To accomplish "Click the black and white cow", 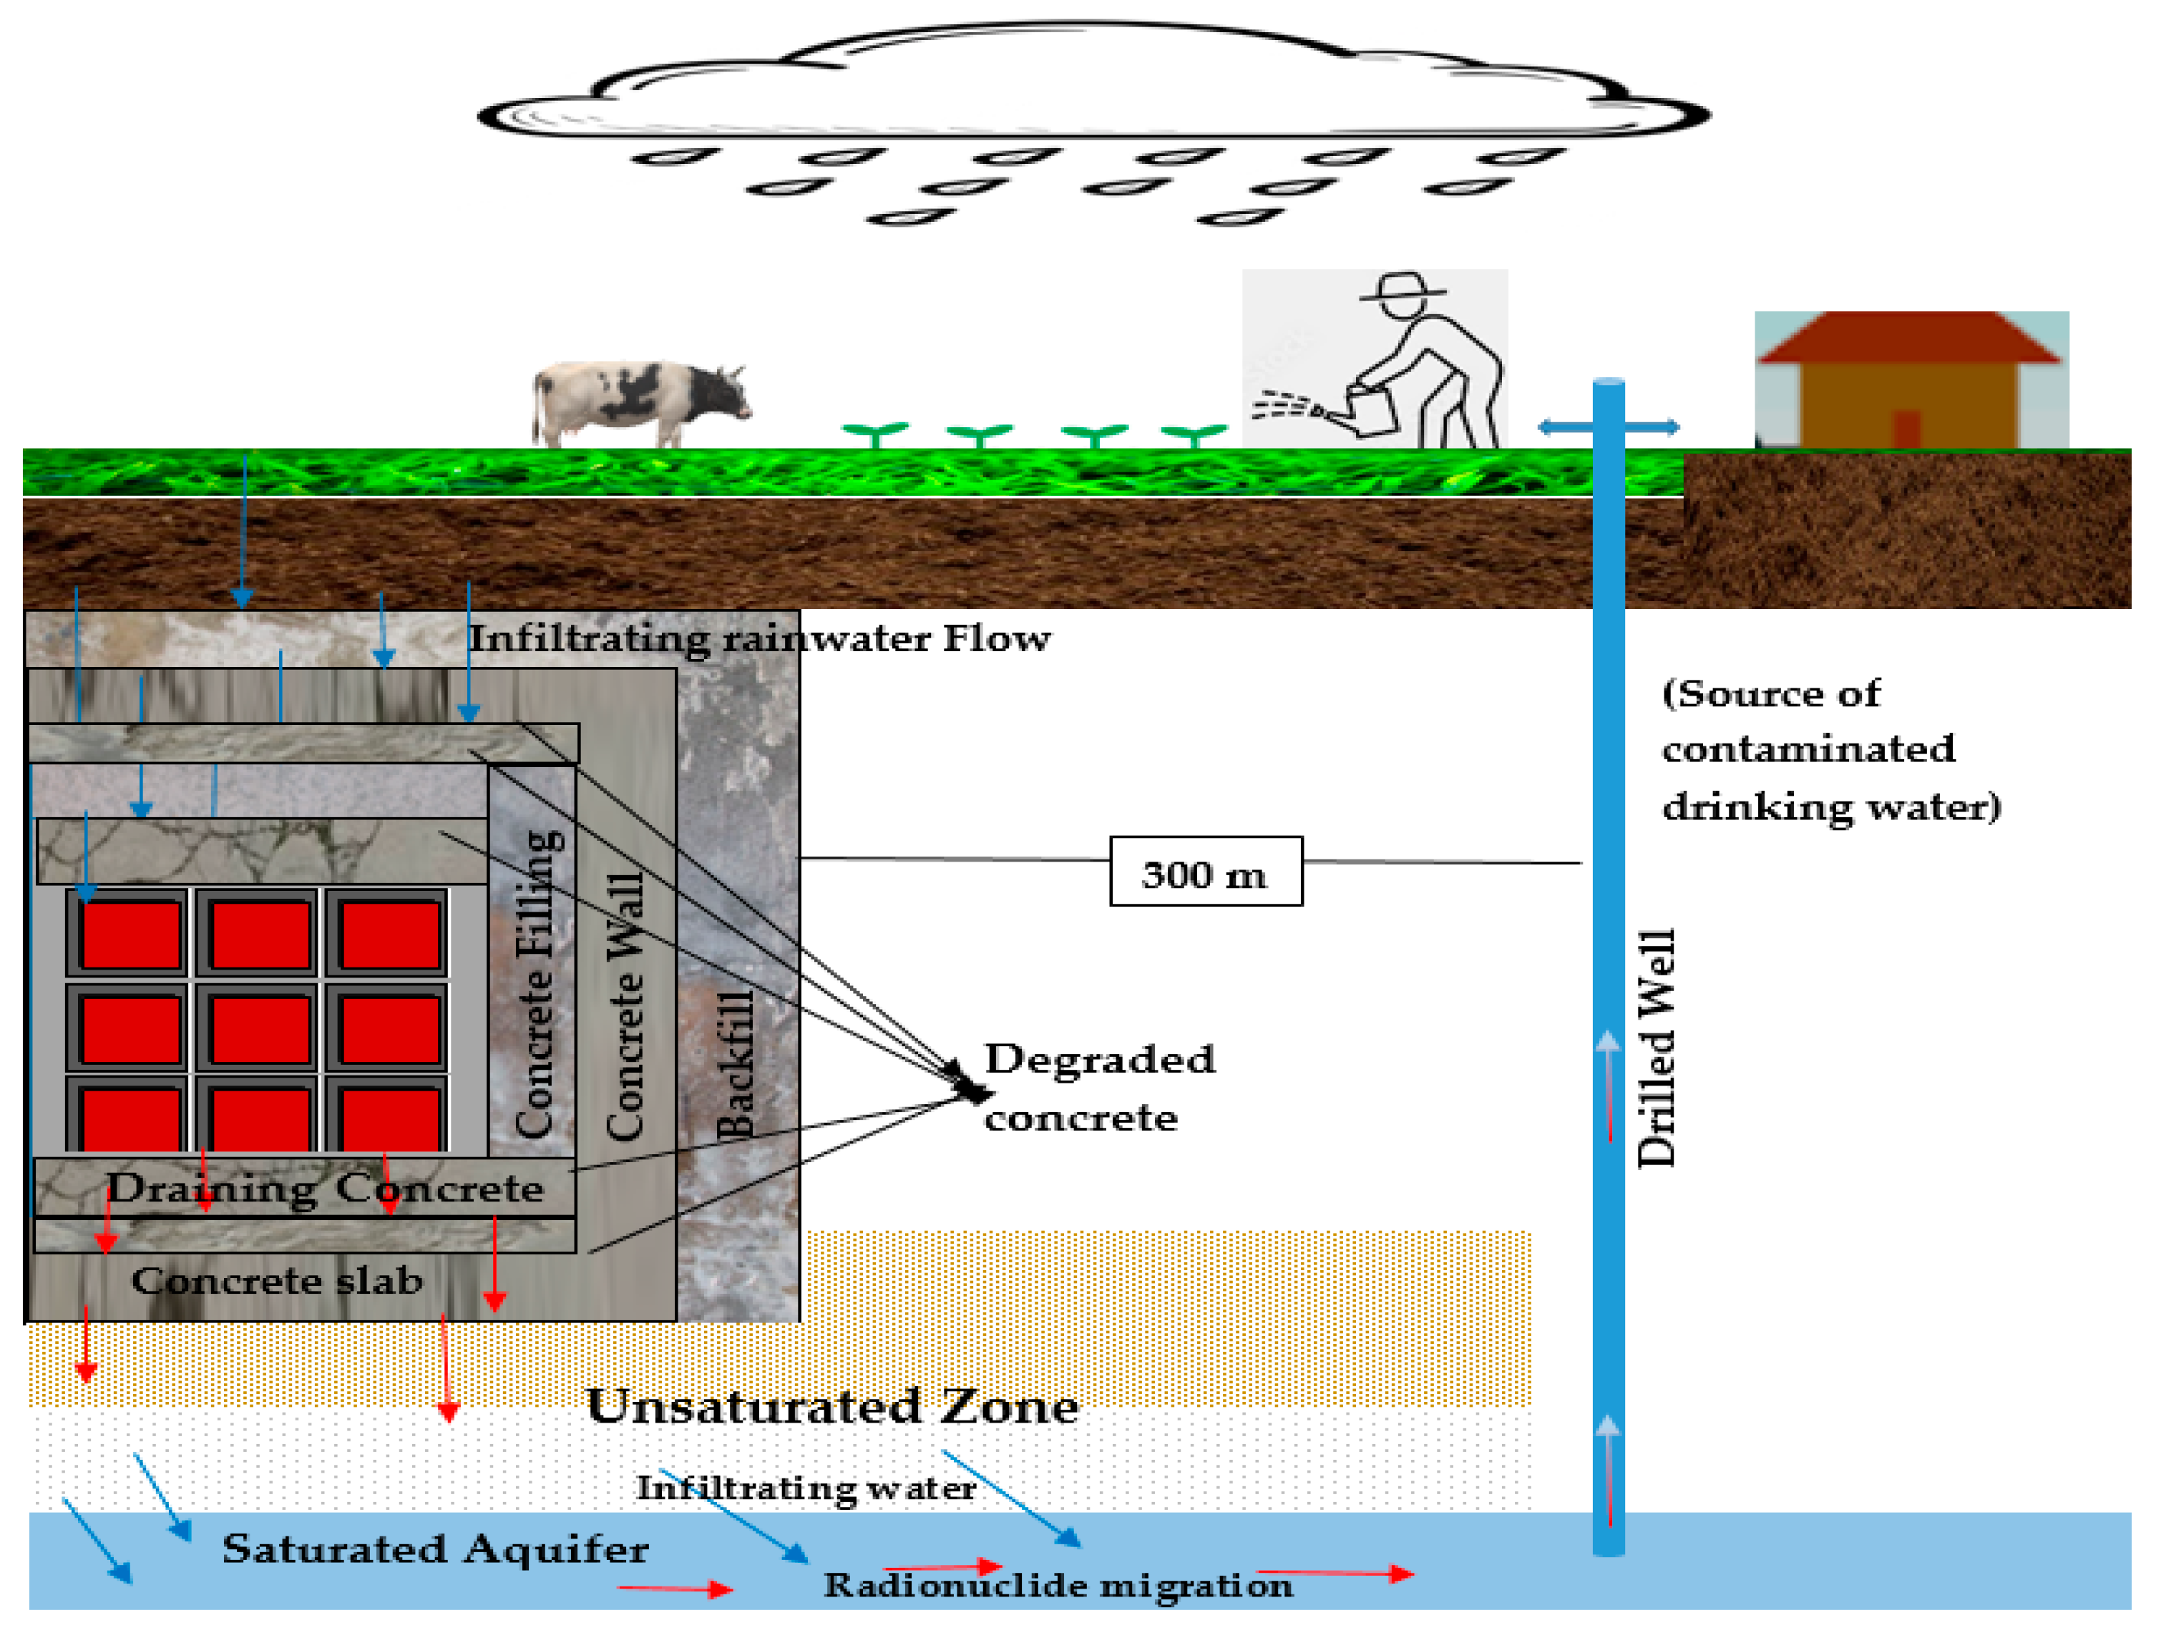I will coord(640,402).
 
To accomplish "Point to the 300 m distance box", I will coord(1205,872).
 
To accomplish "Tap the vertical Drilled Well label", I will coord(1657,1048).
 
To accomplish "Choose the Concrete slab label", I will coord(277,1280).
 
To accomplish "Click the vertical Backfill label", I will coord(736,1065).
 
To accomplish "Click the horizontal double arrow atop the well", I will coord(1609,427).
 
